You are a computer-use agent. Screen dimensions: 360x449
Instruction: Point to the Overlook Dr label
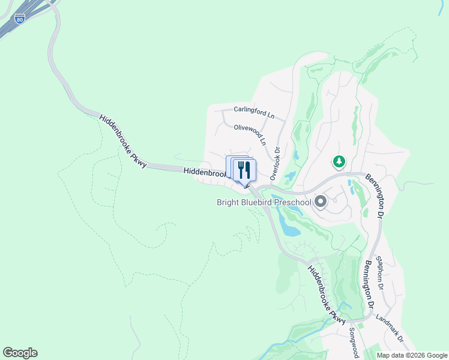pos(275,164)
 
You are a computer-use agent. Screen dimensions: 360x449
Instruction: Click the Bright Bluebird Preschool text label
pos(264,202)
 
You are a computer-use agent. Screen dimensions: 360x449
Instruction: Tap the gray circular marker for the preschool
pos(321,202)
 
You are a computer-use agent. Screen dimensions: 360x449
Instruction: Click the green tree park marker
pos(339,161)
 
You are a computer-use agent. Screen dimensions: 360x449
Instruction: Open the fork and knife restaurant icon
pos(244,170)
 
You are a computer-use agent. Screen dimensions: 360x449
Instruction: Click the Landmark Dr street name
pos(390,329)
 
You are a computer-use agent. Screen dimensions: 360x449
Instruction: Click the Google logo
pos(20,353)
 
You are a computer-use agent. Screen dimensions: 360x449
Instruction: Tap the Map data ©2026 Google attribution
pos(412,355)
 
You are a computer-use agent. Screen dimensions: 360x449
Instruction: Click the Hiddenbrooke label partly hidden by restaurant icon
pos(204,172)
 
